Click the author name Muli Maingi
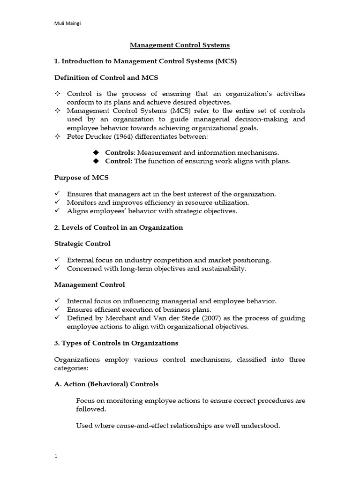click(66, 24)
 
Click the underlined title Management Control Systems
click(180, 45)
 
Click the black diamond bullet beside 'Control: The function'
click(97, 161)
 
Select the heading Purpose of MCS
click(81, 178)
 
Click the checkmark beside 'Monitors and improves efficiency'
click(57, 202)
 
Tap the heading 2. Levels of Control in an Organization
click(119, 227)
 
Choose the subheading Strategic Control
click(82, 244)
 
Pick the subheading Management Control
click(90, 285)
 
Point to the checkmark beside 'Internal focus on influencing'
click(57, 301)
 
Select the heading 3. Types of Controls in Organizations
click(116, 343)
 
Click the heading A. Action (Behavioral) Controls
click(106, 384)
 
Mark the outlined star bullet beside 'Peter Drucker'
click(57, 136)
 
